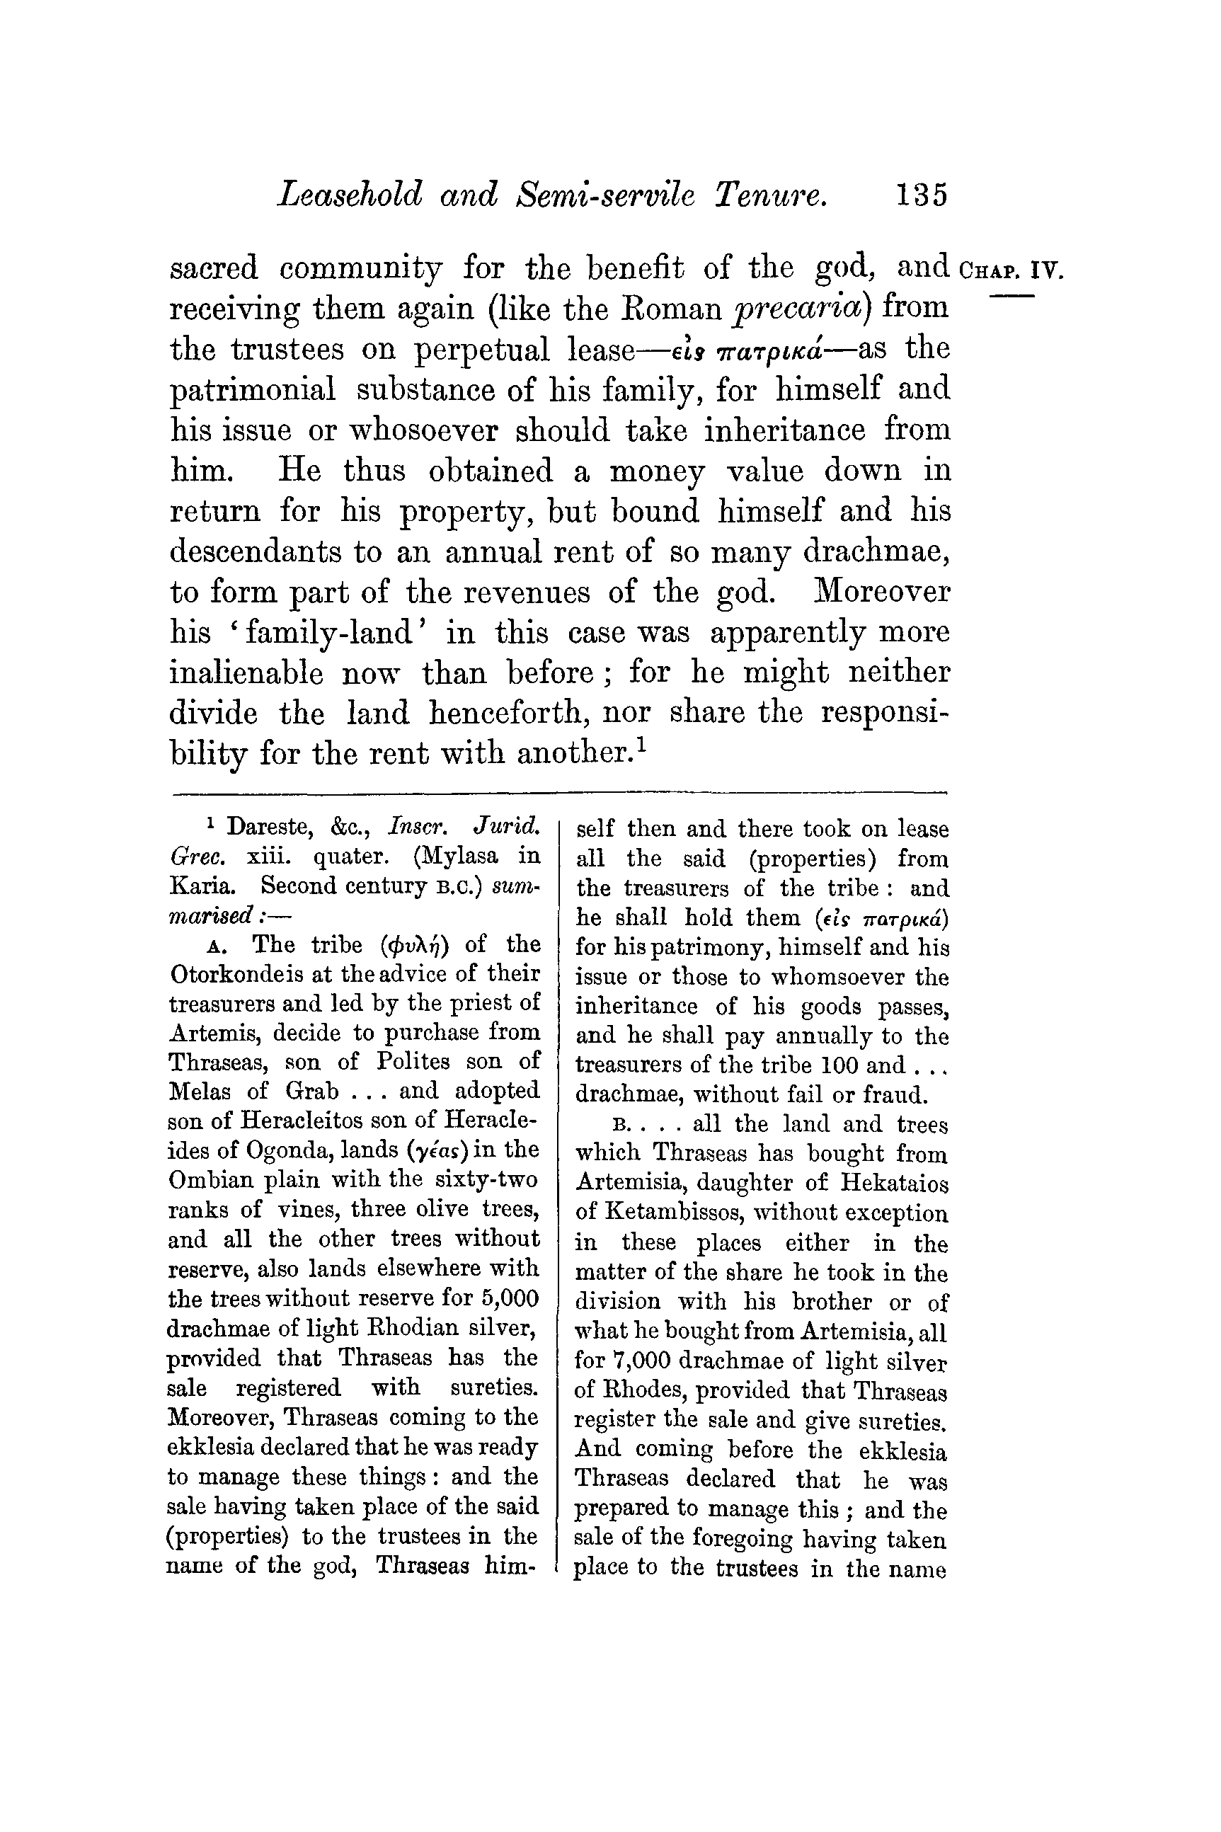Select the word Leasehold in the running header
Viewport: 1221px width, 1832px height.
(350, 194)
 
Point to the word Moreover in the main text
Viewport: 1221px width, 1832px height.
(881, 592)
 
